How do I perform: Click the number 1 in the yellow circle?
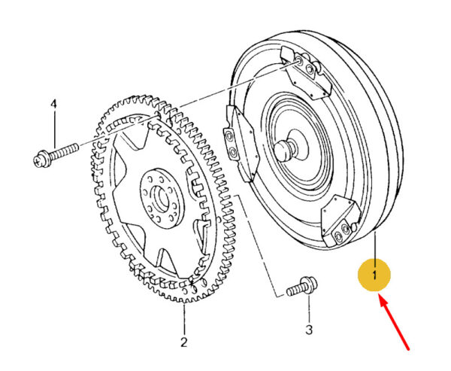click(x=374, y=276)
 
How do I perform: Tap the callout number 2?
click(x=183, y=343)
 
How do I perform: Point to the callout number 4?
click(x=53, y=103)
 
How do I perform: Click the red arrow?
click(x=395, y=324)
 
